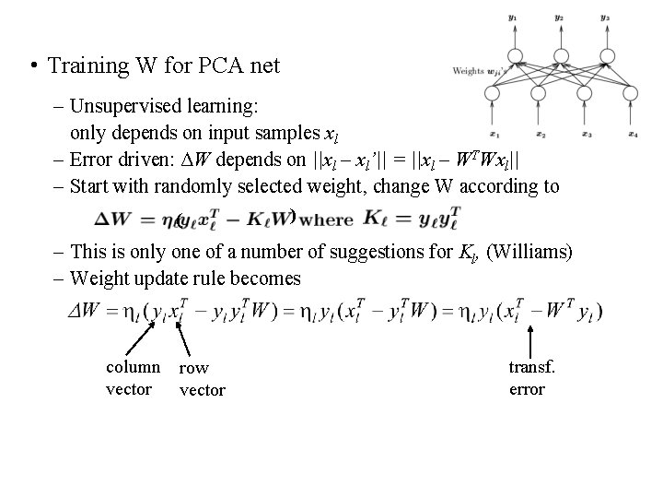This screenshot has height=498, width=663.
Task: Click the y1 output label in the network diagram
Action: (514, 17)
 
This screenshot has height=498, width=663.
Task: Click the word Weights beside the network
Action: (468, 71)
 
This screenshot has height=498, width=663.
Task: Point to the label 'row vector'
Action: (201, 379)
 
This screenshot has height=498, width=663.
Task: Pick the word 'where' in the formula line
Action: (326, 220)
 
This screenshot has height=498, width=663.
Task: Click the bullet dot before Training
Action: (32, 65)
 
